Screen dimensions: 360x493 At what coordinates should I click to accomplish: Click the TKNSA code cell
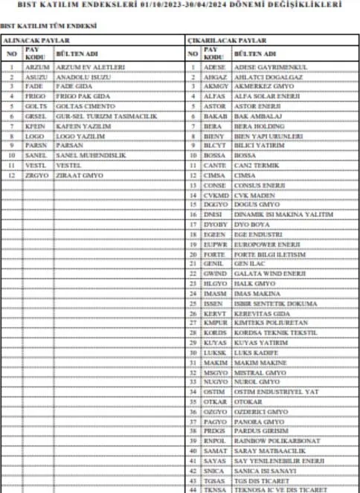[x=213, y=488]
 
